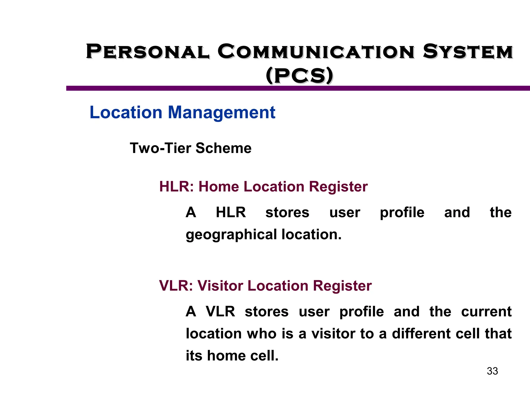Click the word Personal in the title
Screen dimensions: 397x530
147,51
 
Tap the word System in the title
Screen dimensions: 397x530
468,51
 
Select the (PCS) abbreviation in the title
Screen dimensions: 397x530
299,75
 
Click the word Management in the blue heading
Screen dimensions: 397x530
222,113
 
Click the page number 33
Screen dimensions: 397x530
492,371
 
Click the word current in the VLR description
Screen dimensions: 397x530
486,311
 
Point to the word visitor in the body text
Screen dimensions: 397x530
333,333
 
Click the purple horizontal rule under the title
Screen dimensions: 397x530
298,88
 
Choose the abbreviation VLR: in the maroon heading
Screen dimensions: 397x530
176,286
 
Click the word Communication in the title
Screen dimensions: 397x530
316,51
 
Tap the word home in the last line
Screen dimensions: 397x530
226,355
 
